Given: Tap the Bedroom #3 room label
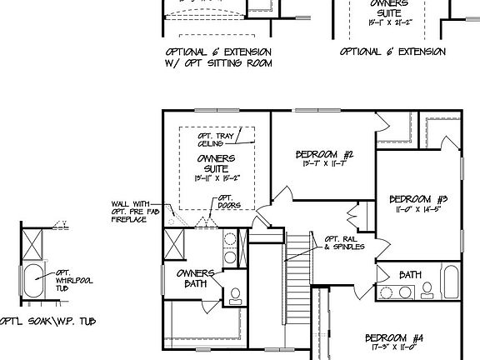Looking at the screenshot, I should tap(419, 199).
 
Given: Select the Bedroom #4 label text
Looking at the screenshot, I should tap(394, 337).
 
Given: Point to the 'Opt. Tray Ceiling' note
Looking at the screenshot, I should tap(214, 139).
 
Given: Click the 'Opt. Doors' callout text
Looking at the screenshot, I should tap(225, 202).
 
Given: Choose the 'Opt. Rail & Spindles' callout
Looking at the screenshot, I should tap(344, 242).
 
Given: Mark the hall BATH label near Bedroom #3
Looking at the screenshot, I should tap(411, 275).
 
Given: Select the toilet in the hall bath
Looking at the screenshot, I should tap(427, 289).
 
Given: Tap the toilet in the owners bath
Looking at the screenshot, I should tap(235, 296).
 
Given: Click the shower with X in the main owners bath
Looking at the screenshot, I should tap(176, 243).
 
